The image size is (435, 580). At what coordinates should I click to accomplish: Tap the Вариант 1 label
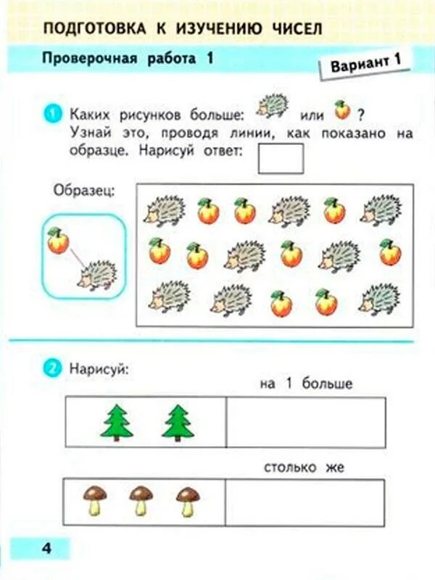365,63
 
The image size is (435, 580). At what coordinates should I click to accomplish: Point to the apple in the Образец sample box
58,241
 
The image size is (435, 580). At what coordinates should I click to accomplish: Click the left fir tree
117,423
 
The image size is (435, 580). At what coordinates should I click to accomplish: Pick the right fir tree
178,423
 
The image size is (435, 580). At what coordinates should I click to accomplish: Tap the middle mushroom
141,501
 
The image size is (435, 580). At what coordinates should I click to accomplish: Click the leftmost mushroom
94,501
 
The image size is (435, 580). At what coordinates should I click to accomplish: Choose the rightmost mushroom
188,501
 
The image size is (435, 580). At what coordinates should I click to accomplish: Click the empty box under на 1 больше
305,422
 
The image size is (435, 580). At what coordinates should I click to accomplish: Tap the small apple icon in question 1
341,110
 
